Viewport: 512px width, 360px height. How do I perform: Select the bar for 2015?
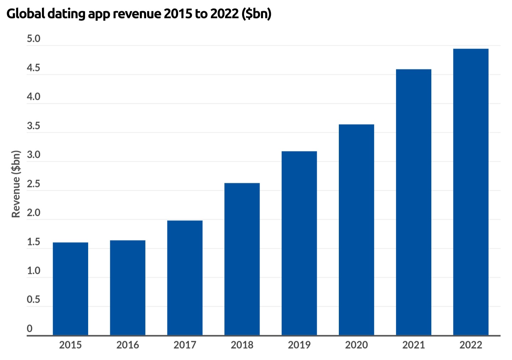click(x=70, y=288)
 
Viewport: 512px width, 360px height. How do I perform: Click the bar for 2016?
click(x=128, y=287)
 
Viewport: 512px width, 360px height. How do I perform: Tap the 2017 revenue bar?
click(x=185, y=277)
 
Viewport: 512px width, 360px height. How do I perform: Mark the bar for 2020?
click(x=356, y=229)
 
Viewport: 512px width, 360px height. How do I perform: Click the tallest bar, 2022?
click(x=471, y=192)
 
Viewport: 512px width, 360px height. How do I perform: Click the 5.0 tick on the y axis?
click(x=34, y=39)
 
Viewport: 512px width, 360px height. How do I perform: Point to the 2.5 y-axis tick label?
click(x=34, y=184)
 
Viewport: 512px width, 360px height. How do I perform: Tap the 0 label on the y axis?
click(x=30, y=329)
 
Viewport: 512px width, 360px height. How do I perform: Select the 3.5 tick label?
click(x=34, y=126)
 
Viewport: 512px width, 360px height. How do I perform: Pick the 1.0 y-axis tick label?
click(x=34, y=271)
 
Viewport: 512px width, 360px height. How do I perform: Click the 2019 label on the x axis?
click(x=299, y=345)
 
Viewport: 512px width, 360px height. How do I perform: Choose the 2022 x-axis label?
click(x=471, y=345)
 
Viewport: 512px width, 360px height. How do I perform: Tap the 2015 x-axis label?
click(x=70, y=345)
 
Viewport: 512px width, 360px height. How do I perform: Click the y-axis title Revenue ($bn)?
click(x=16, y=184)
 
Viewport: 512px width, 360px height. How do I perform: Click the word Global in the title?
click(x=26, y=14)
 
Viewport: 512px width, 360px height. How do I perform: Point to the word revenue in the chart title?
click(x=137, y=14)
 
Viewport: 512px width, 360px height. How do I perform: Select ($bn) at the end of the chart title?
click(x=256, y=14)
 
